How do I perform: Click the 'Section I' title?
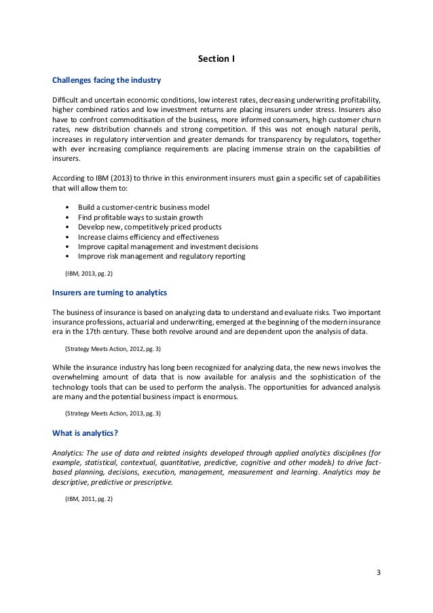[x=216, y=59]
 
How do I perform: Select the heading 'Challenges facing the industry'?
[x=107, y=80]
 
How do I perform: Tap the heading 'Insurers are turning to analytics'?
[x=110, y=293]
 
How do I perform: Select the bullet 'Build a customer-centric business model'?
[x=144, y=206]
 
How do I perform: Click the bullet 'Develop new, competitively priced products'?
[x=149, y=227]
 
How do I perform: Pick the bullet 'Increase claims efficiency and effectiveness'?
[x=149, y=237]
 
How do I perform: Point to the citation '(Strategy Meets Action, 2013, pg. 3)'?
[x=112, y=413]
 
